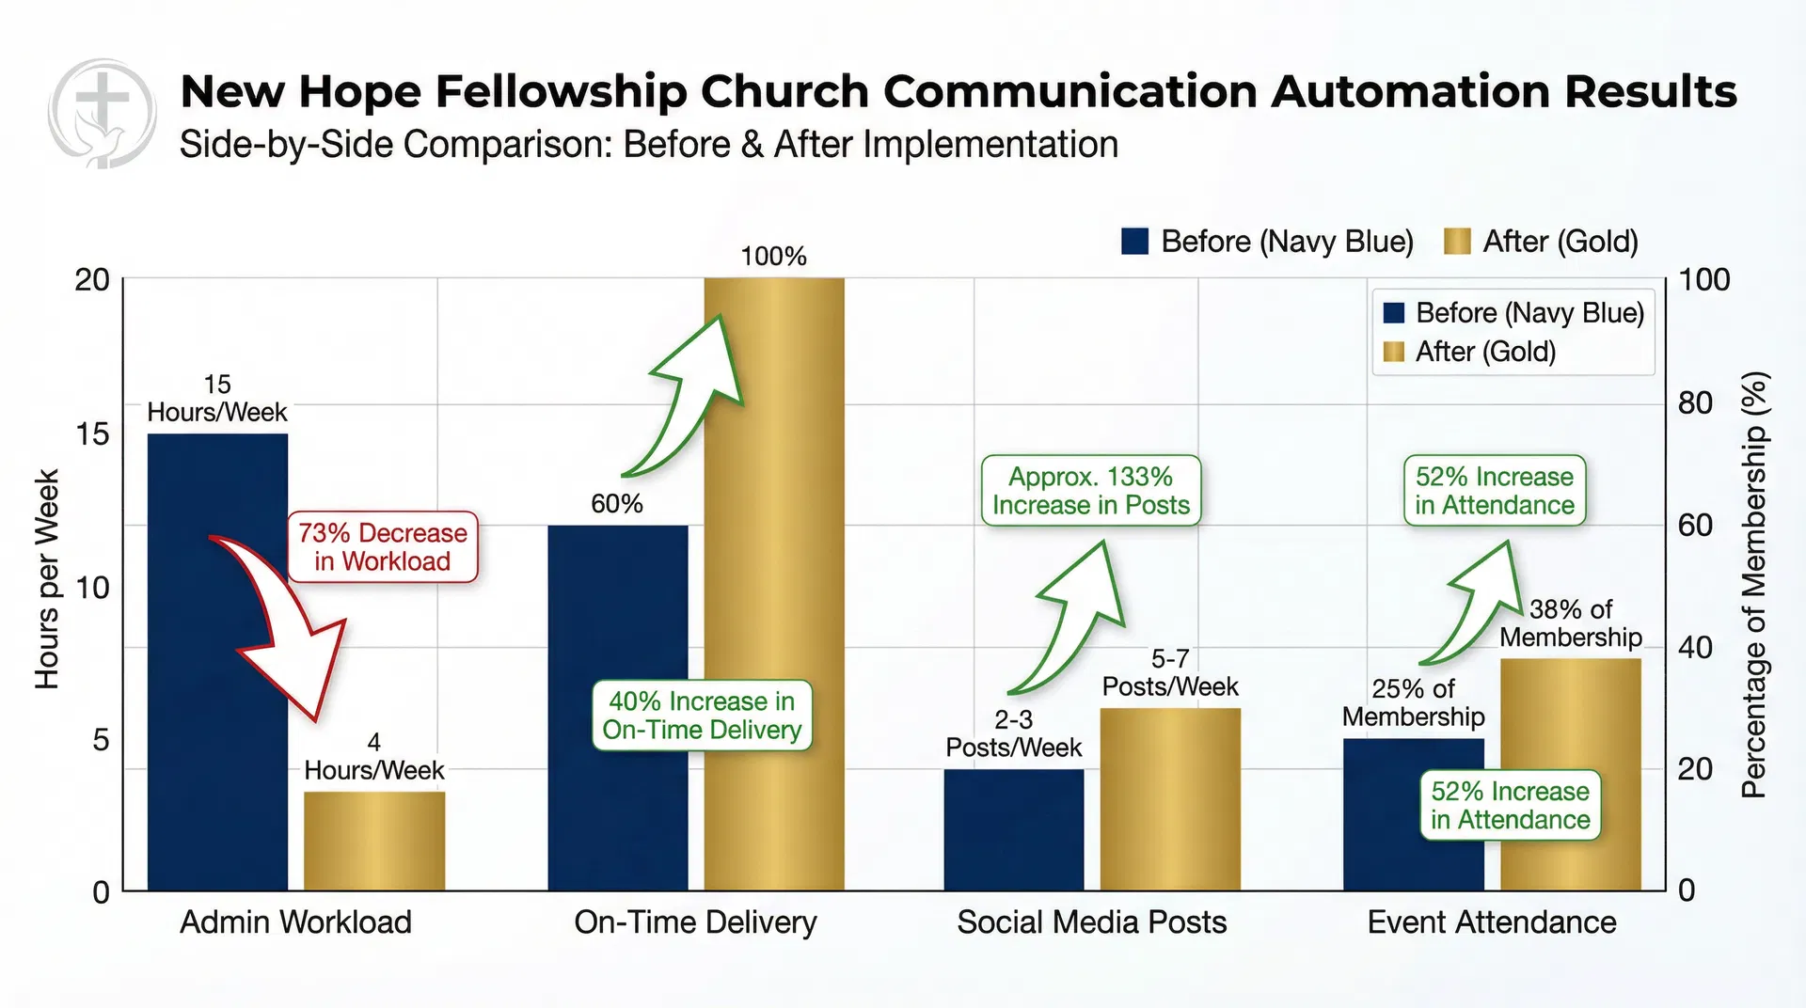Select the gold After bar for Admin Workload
[x=374, y=842]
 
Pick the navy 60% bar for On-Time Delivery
[x=618, y=705]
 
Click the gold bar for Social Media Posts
[x=1170, y=799]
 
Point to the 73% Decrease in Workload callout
[x=383, y=547]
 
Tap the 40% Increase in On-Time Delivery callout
[x=702, y=716]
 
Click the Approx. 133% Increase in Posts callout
[x=1091, y=491]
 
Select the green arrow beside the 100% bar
[x=691, y=395]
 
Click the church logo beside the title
[x=103, y=113]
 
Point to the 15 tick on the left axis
[x=92, y=433]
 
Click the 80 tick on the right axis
[x=1695, y=402]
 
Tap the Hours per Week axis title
[x=47, y=578]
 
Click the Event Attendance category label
[x=1492, y=922]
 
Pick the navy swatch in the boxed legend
[x=1394, y=313]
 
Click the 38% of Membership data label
[x=1570, y=623]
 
